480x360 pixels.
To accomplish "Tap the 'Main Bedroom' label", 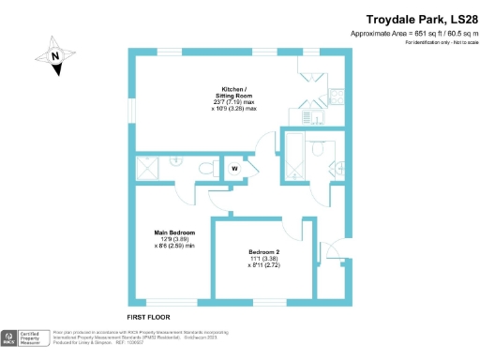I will coord(174,232).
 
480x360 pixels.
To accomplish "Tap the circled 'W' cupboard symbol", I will coord(234,170).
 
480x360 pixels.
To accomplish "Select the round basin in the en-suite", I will coord(175,160).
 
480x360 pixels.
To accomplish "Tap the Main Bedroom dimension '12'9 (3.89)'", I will coord(175,239).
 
